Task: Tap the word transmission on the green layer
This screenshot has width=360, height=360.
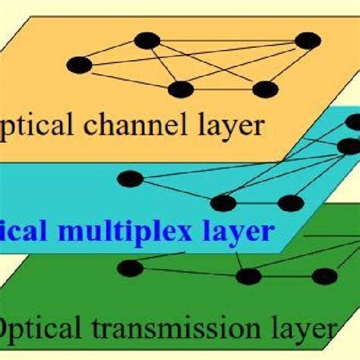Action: click(x=173, y=330)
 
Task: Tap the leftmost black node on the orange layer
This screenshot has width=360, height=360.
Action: click(x=79, y=65)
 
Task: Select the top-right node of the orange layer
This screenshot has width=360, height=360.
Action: click(x=308, y=40)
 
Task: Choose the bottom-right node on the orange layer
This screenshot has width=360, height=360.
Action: click(x=265, y=90)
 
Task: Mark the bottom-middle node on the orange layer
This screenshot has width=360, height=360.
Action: click(x=181, y=90)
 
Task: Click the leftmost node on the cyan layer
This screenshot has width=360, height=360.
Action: click(x=130, y=179)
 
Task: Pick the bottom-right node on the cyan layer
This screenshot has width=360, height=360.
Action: click(x=289, y=203)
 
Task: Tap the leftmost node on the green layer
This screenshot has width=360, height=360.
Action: click(x=130, y=267)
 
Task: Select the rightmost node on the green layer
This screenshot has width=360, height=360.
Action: click(x=325, y=276)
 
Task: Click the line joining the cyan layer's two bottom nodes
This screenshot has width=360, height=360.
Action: click(x=257, y=203)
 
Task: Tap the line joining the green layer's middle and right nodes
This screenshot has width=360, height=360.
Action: click(x=285, y=276)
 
